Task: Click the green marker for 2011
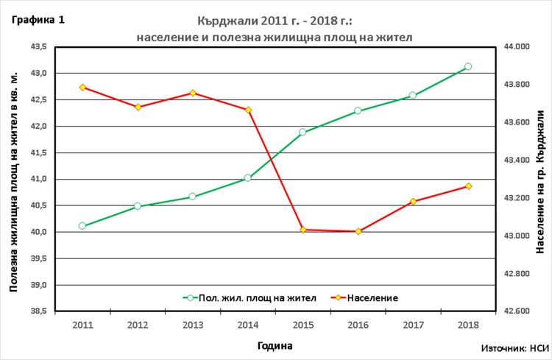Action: (x=82, y=226)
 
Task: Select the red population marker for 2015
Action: (x=302, y=230)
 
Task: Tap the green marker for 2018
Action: (x=468, y=67)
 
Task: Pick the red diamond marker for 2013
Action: (x=193, y=93)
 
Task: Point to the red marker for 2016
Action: (x=358, y=231)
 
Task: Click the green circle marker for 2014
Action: (x=248, y=177)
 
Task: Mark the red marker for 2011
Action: (x=82, y=87)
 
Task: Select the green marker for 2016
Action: (x=358, y=110)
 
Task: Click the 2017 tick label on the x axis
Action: (x=413, y=324)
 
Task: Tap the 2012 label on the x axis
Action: (x=138, y=324)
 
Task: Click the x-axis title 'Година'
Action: (x=275, y=345)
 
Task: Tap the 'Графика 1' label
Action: (x=38, y=20)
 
